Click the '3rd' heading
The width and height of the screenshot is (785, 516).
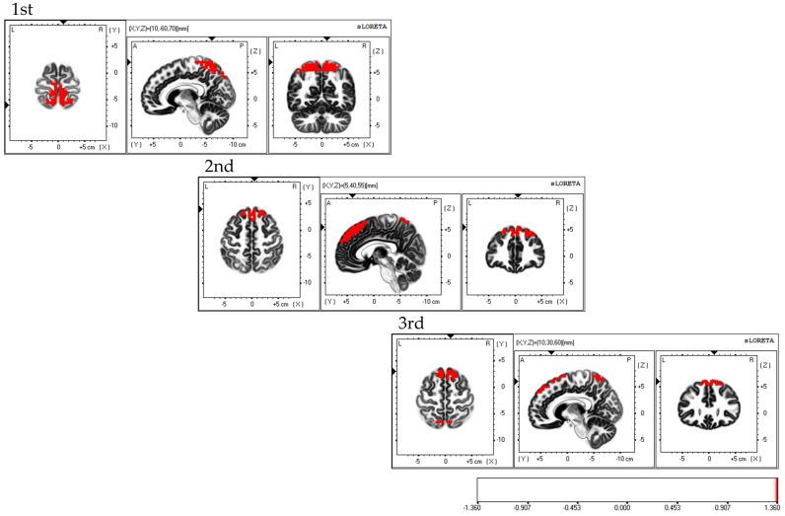(410, 324)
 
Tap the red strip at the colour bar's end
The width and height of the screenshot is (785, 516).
(776, 490)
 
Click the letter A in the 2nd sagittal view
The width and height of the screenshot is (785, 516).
(328, 202)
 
